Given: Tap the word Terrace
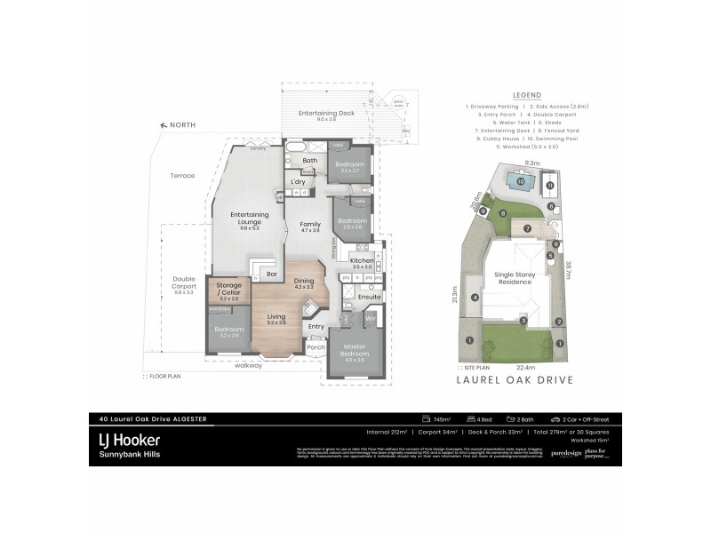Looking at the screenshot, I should (x=182, y=176).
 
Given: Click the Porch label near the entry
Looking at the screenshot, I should (x=315, y=348).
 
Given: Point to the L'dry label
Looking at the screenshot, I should (x=299, y=181).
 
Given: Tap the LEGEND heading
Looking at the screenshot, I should (x=527, y=95).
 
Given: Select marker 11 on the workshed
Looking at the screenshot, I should (x=549, y=186).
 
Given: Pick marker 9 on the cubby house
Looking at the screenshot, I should (x=483, y=211).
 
